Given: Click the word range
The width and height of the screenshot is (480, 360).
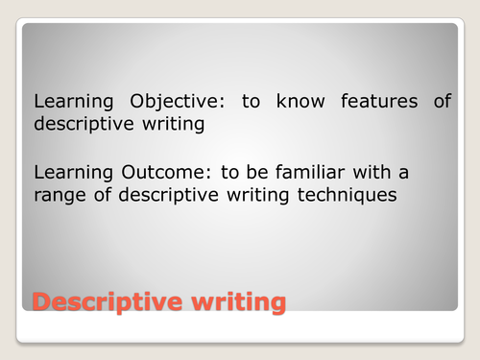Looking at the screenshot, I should (60, 197).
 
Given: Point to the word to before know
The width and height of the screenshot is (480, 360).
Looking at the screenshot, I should (252, 101).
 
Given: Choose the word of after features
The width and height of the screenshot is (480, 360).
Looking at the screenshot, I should (441, 101).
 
